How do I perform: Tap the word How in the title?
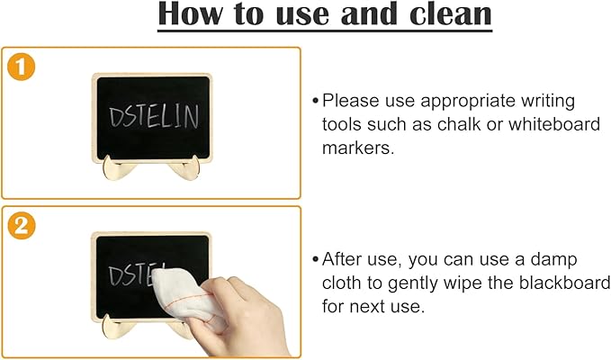[x=195, y=15]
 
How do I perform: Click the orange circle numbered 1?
[x=20, y=67]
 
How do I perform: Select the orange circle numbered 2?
[x=20, y=225]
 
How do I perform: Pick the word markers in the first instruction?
[x=358, y=148]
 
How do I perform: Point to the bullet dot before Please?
[x=315, y=101]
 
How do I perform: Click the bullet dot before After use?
[x=315, y=260]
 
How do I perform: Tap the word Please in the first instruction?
[x=351, y=101]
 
